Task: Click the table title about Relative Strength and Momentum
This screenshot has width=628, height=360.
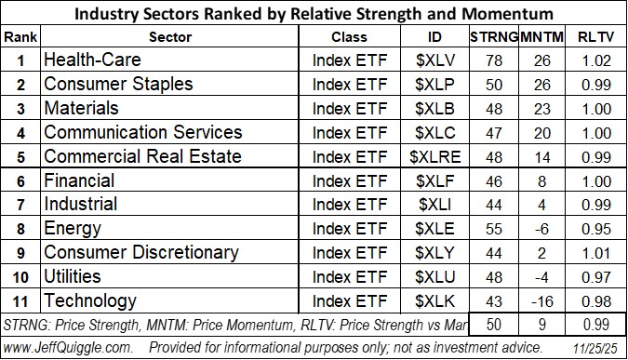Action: pyautogui.click(x=313, y=13)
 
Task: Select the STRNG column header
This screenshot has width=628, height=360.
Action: pyautogui.click(x=489, y=36)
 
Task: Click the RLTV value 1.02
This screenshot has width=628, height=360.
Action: pyautogui.click(x=594, y=60)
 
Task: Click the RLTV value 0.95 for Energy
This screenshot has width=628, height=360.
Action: pyautogui.click(x=594, y=229)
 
